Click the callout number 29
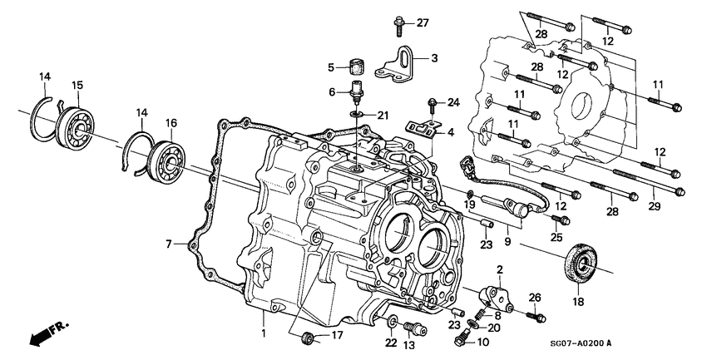[x=655, y=205]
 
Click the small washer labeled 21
[x=356, y=114]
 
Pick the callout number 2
[x=501, y=271]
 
